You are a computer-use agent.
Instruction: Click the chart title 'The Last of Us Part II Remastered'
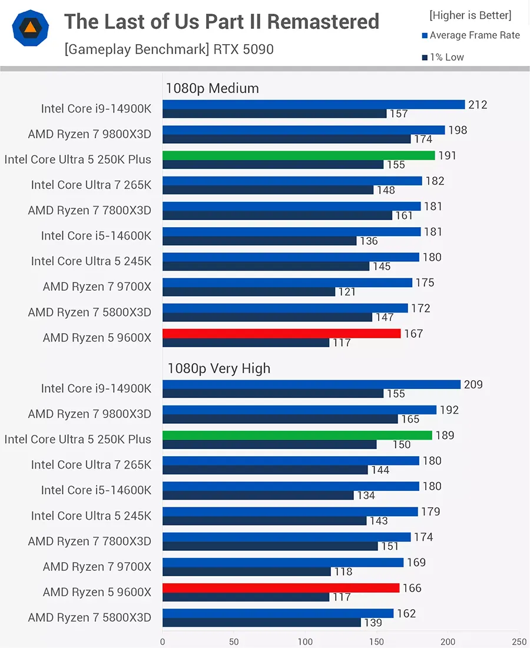221,22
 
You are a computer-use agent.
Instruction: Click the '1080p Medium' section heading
212,88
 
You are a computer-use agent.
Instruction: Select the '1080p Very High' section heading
218,368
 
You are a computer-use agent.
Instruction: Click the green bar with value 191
299,155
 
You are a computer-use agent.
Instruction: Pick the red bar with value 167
281,334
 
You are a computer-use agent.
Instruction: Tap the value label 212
478,105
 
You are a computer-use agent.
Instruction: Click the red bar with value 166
281,588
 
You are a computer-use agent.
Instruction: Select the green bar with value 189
297,436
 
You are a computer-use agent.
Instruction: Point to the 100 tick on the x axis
305,641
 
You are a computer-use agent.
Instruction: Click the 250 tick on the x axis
519,641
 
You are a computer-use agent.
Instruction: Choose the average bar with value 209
312,384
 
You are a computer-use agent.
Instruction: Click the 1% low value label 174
423,139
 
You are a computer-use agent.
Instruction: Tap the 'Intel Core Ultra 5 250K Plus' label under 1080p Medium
78,159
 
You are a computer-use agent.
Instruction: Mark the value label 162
406,613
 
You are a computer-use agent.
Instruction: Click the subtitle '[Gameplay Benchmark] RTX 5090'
169,49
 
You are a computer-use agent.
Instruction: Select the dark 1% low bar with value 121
249,291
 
